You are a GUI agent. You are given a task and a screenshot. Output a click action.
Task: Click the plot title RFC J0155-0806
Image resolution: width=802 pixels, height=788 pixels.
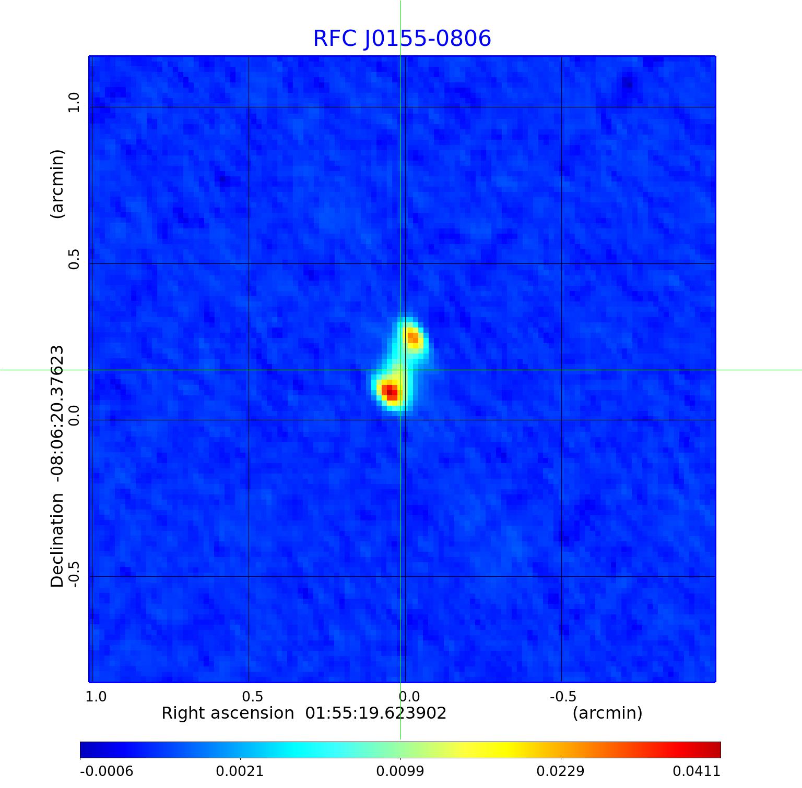402,39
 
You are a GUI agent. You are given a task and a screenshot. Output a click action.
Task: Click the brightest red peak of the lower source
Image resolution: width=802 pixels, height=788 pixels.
388,390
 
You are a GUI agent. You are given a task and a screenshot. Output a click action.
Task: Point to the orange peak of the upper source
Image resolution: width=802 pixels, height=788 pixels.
412,338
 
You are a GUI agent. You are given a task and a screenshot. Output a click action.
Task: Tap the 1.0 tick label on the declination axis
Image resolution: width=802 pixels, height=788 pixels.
73,102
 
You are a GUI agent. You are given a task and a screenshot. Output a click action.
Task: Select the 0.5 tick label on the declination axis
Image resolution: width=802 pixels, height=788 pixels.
73,259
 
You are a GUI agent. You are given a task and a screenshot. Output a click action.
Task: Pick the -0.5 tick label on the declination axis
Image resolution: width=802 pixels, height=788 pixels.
73,574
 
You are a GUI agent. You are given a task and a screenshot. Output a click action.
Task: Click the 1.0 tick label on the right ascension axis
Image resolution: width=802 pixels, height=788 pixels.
96,696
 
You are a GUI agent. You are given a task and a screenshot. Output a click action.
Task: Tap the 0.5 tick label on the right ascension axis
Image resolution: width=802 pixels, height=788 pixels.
253,696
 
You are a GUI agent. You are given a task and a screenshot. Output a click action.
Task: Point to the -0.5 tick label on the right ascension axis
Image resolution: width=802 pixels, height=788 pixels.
563,696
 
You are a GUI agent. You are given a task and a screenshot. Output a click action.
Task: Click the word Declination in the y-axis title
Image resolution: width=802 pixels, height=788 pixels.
57,540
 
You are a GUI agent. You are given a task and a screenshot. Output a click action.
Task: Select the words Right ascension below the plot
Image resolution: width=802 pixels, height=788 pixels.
228,713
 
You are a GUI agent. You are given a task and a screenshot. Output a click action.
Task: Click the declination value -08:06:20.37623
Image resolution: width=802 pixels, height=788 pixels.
57,413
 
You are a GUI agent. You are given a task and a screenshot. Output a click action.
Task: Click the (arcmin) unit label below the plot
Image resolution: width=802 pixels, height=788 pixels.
607,713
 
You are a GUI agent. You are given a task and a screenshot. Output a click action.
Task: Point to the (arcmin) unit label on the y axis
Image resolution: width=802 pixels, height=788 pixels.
57,184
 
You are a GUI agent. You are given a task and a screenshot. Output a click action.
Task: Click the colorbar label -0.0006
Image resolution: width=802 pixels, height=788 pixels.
107,771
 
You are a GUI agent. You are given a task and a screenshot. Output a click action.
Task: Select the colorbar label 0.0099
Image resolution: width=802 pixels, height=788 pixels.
400,771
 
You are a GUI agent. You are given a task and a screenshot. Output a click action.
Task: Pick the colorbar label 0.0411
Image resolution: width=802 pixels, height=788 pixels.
697,771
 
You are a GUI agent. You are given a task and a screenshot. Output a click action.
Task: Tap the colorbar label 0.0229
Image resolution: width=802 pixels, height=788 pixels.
561,771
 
